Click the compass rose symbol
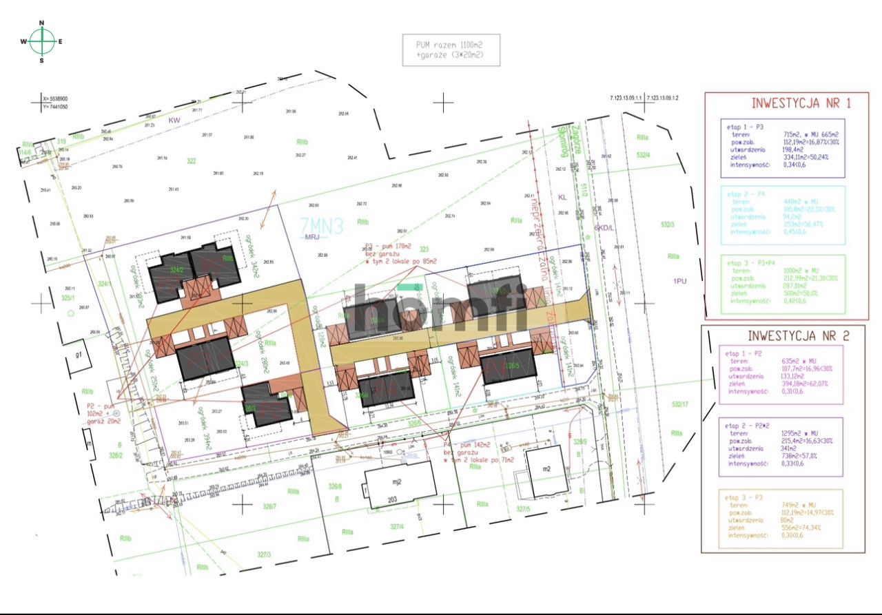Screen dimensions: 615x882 (42, 41)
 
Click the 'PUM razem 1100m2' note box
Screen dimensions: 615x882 (451, 50)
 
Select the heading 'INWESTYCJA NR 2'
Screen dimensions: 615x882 (790, 336)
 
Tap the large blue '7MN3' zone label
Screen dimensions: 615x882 (321, 226)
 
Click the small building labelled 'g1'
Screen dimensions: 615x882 (80, 354)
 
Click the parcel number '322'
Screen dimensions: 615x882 (192, 160)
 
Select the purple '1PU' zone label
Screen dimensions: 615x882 (680, 281)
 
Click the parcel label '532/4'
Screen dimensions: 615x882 (644, 155)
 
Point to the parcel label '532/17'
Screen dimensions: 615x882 (680, 404)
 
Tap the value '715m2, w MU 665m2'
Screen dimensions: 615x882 (810, 134)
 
